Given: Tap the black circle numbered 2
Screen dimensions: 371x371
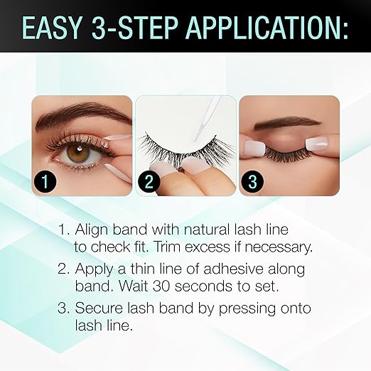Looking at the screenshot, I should pyautogui.click(x=149, y=181).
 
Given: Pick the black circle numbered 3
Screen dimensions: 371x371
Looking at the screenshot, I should pyautogui.click(x=253, y=181).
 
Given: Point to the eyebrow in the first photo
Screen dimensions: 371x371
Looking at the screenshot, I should pyautogui.click(x=78, y=114).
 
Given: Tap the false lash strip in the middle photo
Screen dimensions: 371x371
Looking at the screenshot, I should pyautogui.click(x=178, y=146).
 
